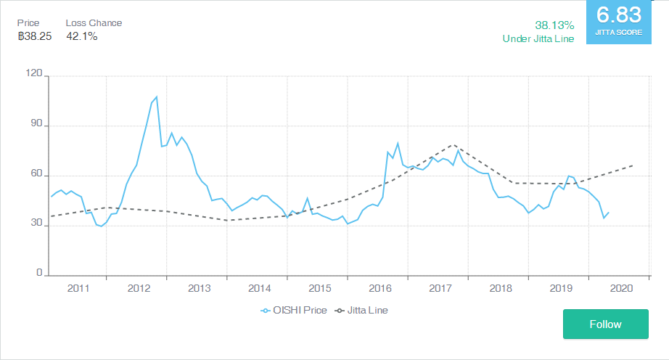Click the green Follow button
605,324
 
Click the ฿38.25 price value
35,36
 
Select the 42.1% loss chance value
81,36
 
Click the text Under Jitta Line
538,38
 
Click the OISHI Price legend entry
294,310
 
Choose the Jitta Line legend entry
361,310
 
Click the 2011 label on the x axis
78,288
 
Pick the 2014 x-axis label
259,288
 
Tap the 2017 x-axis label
440,288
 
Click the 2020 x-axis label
621,288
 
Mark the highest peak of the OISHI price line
156,97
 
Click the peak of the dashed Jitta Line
453,144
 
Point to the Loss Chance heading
94,22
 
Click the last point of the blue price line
609,212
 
